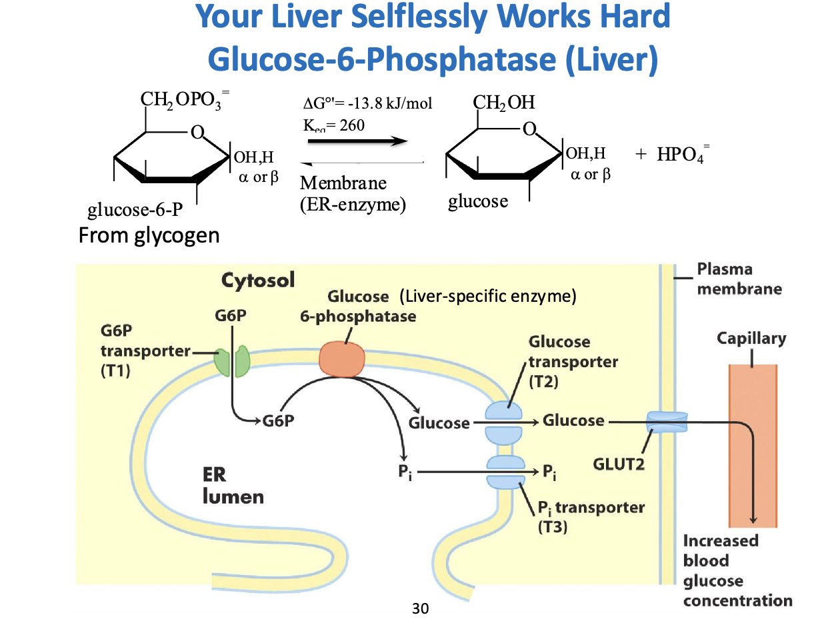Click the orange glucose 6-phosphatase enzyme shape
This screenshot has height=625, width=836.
(343, 360)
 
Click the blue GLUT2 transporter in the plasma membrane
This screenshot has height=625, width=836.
(667, 421)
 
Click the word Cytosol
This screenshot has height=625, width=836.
(257, 280)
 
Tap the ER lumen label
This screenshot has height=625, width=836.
(233, 486)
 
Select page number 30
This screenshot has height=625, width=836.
(421, 608)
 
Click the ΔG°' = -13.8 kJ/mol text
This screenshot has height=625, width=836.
(367, 104)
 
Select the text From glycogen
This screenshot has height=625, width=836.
(149, 236)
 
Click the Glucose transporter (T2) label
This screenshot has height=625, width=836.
(572, 362)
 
